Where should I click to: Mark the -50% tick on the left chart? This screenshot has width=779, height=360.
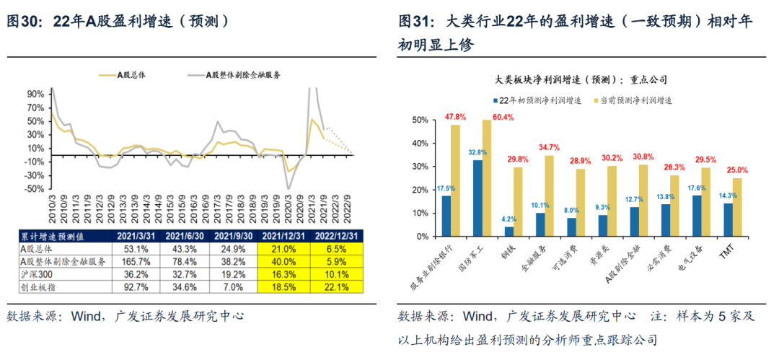[34, 189]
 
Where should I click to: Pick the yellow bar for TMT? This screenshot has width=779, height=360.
[737, 208]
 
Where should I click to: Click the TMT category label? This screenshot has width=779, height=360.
[732, 253]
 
